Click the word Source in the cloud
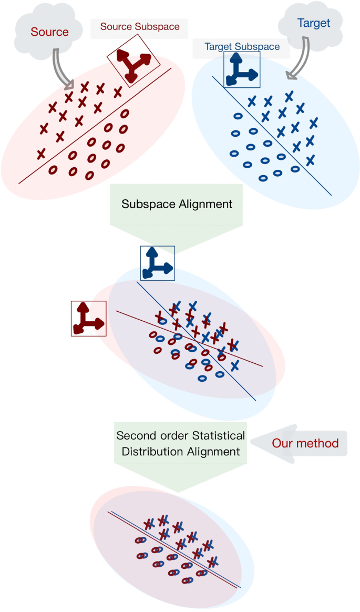[49, 32]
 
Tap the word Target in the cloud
[314, 23]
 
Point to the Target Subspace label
[242, 47]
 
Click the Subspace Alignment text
[177, 204]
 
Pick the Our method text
[306, 443]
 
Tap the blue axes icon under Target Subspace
[242, 69]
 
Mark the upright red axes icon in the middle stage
[88, 318]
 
